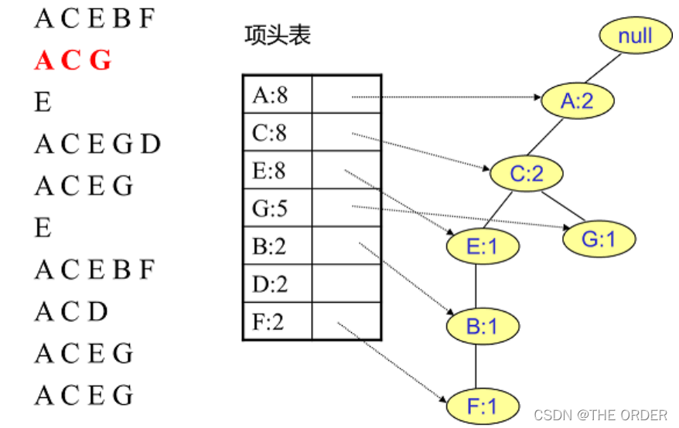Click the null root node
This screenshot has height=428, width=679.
tap(635, 35)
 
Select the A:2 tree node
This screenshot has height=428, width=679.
tap(577, 100)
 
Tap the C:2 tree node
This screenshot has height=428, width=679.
tap(527, 174)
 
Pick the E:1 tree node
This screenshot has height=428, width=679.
tap(483, 246)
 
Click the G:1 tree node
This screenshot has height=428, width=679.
tap(598, 239)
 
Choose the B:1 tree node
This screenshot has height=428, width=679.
tap(482, 326)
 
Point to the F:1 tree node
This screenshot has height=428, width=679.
tap(482, 405)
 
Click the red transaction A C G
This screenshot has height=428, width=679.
tap(73, 60)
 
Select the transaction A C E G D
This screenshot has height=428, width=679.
tap(97, 144)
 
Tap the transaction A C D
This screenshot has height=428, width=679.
tap(71, 311)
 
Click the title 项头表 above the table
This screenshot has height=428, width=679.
tap(277, 36)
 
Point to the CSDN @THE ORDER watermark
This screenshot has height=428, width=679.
tap(600, 415)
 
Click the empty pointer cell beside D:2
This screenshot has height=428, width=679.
tap(346, 284)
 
